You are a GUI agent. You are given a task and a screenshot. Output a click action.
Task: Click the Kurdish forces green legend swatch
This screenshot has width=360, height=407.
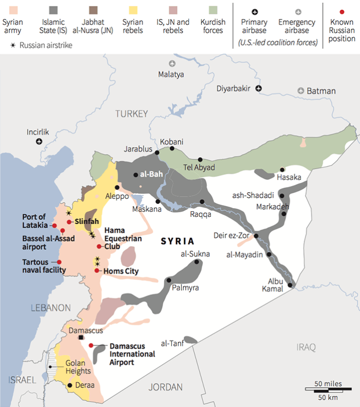point(214,10)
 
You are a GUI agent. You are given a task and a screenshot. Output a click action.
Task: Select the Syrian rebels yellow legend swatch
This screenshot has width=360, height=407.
point(133,10)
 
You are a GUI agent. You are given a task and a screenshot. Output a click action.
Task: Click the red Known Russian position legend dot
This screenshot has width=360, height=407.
point(341,10)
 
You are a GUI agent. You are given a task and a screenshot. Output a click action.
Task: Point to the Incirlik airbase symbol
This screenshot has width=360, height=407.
point(39,142)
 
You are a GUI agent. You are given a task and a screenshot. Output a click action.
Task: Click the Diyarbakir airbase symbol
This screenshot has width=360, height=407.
point(259,89)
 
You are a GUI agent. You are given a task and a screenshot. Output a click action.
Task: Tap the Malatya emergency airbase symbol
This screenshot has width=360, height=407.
point(172,63)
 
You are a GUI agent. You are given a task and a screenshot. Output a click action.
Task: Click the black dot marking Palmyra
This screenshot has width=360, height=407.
point(169,280)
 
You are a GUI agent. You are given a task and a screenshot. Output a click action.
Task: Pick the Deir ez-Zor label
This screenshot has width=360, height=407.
point(232,235)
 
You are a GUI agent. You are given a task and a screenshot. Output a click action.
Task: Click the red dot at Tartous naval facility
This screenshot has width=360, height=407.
point(59,262)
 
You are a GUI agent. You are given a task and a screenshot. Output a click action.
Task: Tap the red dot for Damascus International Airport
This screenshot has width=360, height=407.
point(91,345)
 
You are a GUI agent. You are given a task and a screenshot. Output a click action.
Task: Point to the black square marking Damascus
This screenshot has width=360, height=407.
point(81,337)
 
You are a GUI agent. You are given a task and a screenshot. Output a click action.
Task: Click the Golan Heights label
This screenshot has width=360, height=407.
point(78,367)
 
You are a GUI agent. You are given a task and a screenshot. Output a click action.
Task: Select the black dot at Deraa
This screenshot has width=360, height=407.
point(70,385)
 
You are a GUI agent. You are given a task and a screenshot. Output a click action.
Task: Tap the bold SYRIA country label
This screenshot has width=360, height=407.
point(177,241)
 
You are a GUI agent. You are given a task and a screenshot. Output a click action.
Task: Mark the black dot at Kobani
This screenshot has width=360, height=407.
point(172,149)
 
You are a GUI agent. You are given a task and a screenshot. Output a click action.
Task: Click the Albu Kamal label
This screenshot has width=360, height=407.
point(275,285)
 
